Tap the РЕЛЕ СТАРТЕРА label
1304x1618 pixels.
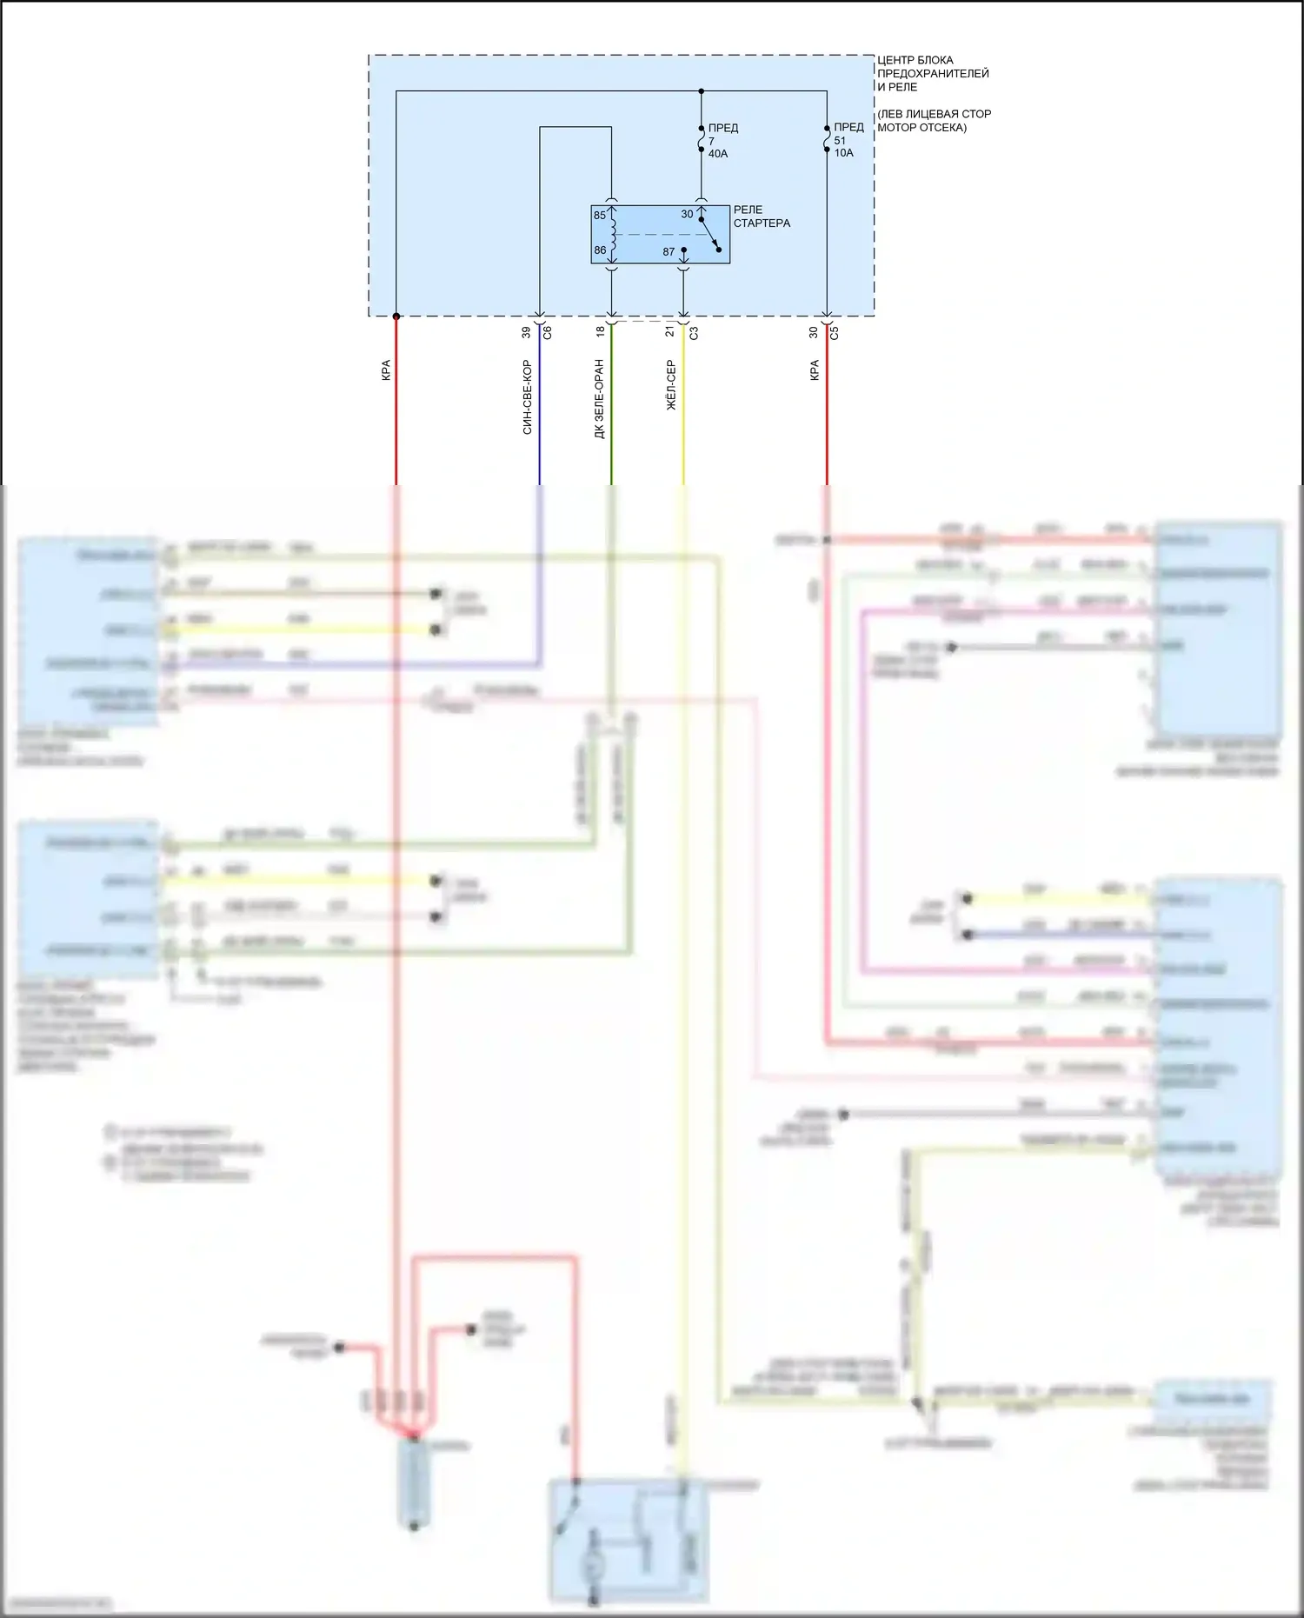tap(761, 216)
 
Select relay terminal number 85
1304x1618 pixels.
tap(600, 216)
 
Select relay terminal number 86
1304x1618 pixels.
tap(600, 250)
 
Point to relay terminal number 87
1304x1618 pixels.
tap(669, 252)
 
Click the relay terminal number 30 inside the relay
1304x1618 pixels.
tap(687, 214)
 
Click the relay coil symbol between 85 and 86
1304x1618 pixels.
tap(612, 232)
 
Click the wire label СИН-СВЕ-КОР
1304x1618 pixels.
tap(527, 397)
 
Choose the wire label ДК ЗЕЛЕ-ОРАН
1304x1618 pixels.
tap(599, 399)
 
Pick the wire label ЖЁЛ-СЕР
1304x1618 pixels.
tap(670, 385)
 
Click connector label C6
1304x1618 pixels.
tap(547, 332)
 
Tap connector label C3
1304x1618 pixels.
tap(694, 332)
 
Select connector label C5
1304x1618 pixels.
tap(835, 332)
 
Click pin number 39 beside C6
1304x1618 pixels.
tap(526, 332)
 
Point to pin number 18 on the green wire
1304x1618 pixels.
tap(600, 332)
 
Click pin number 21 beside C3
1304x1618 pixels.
tap(669, 332)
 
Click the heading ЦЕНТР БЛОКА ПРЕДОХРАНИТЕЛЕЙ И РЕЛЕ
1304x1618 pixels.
tap(932, 73)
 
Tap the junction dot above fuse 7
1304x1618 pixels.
tap(702, 91)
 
